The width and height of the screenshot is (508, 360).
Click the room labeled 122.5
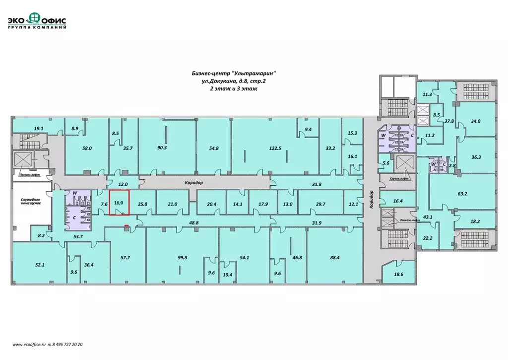click(275, 148)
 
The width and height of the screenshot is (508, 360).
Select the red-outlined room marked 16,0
click(119, 203)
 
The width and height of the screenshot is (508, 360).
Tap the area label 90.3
click(162, 148)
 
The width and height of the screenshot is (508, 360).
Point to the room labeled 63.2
click(462, 194)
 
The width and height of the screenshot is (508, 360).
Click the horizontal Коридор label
click(194, 183)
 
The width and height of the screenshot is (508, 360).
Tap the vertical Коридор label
click(371, 199)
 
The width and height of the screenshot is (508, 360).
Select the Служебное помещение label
click(31, 201)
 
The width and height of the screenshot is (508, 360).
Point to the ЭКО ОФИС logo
click(37, 20)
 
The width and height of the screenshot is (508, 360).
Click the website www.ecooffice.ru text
click(28, 344)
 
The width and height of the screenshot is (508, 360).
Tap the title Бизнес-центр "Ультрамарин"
click(234, 73)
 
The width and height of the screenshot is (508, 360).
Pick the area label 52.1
click(40, 265)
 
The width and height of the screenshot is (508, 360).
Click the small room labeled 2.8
click(452, 166)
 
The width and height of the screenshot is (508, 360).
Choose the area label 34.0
click(476, 121)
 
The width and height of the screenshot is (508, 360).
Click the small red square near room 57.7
click(127, 226)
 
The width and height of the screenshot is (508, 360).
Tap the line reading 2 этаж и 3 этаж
click(234, 88)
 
